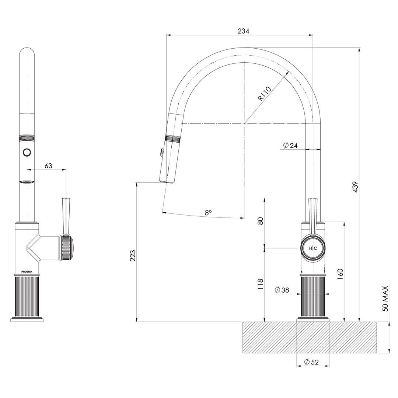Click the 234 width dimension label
(x=243, y=31)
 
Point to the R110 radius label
(x=265, y=94)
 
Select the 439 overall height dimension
(x=355, y=187)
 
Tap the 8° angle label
(x=208, y=213)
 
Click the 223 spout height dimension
(x=133, y=255)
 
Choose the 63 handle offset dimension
(x=48, y=166)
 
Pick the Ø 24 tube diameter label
(x=290, y=145)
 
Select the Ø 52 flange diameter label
(x=311, y=362)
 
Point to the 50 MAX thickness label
(x=385, y=298)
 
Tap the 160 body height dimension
(x=340, y=273)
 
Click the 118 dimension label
(x=260, y=285)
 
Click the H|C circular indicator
(x=313, y=249)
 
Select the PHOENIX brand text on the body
(x=27, y=272)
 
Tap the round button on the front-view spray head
(x=27, y=151)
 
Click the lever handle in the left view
(x=66, y=216)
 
